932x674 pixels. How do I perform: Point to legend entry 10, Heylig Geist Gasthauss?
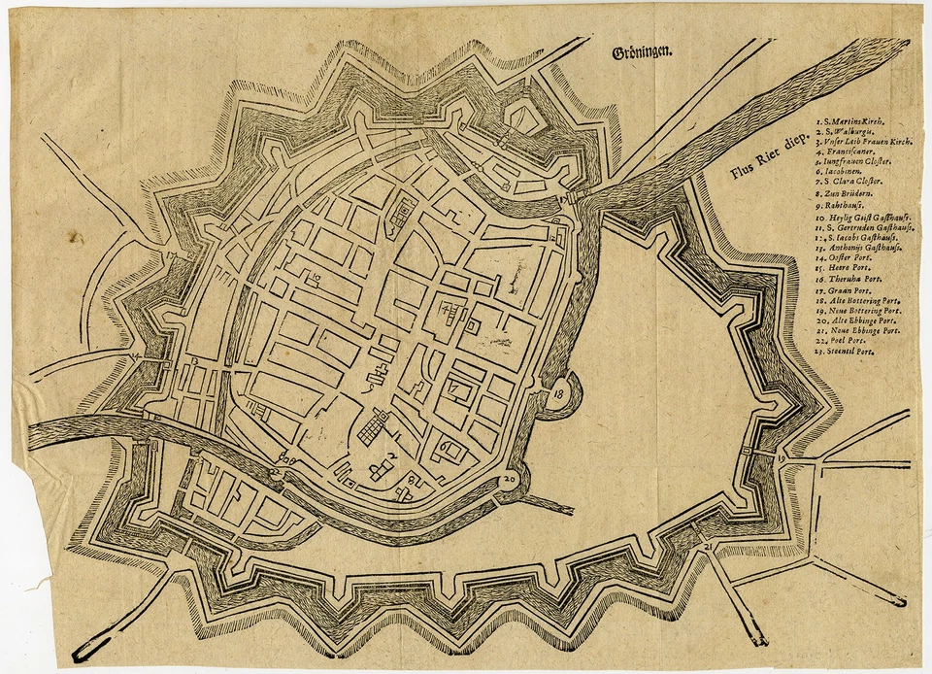[x=862, y=219]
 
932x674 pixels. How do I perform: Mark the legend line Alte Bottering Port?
[x=858, y=301]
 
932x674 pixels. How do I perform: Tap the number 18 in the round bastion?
[x=560, y=395]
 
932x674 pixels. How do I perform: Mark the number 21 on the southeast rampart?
[x=708, y=548]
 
